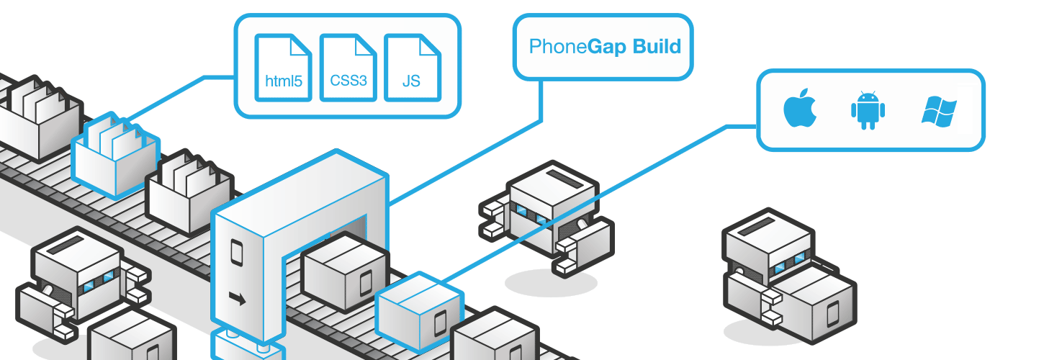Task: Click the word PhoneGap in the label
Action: click(x=558, y=48)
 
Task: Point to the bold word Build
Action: click(x=657, y=48)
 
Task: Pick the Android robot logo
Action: click(x=867, y=110)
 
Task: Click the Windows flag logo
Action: click(x=939, y=112)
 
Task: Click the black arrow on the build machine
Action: click(x=236, y=296)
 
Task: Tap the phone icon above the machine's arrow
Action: click(x=235, y=251)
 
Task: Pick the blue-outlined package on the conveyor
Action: click(x=418, y=305)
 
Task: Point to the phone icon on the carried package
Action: click(x=832, y=314)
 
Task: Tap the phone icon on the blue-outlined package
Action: click(x=440, y=322)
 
